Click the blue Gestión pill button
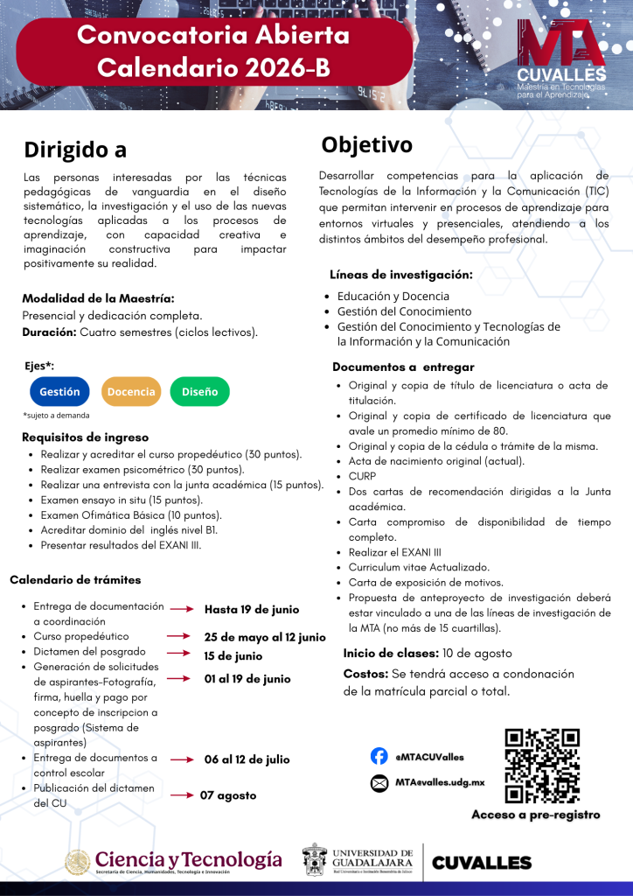(x=59, y=392)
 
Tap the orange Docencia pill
(x=131, y=392)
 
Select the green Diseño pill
(x=199, y=392)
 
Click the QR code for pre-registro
(x=542, y=766)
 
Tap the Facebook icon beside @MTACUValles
(x=379, y=756)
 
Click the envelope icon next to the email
(x=379, y=782)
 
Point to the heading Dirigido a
(x=75, y=150)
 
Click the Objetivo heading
(x=366, y=144)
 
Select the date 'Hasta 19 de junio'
(x=252, y=609)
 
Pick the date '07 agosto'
(x=228, y=795)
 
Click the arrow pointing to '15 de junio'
(x=178, y=653)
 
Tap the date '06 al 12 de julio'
(x=247, y=759)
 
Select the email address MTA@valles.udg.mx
(x=440, y=782)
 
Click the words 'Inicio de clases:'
(x=390, y=654)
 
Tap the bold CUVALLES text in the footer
(x=482, y=863)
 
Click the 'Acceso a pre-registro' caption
(x=536, y=815)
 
